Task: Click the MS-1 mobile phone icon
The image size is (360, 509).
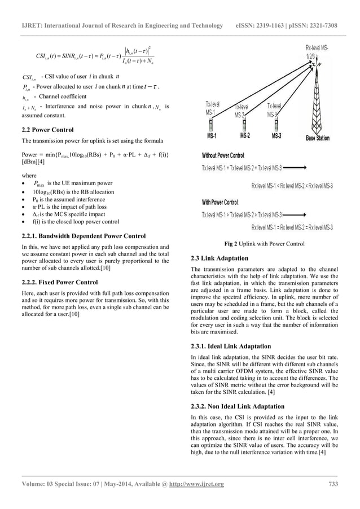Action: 211,125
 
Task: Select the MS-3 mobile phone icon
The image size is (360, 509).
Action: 276,125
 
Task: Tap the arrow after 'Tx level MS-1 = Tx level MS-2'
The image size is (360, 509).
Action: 296,168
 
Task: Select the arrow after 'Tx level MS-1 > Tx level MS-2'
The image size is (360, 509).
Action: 296,215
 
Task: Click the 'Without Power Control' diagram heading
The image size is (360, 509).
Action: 223,155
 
